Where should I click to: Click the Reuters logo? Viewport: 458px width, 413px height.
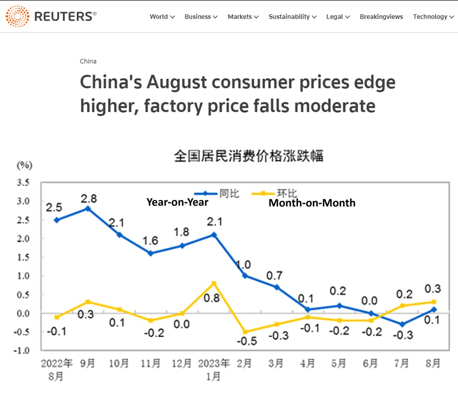point(51,16)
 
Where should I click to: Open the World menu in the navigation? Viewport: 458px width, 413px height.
point(162,17)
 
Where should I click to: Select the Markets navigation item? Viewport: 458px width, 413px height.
point(243,17)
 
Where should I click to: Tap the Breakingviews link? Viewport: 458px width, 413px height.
point(381,17)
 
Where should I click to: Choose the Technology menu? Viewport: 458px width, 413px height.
point(433,17)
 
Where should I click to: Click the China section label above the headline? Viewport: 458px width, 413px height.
point(88,61)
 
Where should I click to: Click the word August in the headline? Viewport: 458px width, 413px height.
point(176,82)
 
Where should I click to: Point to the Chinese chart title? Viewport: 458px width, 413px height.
point(248,156)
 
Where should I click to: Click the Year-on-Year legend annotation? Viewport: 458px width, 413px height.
point(177,202)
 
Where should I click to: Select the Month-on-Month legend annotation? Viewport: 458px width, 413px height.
point(312,203)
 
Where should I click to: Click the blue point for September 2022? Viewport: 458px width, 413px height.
point(88,209)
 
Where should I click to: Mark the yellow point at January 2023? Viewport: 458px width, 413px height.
point(214,283)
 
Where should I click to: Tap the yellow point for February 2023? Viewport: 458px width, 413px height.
point(245,332)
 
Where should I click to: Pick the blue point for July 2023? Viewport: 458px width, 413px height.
point(402,324)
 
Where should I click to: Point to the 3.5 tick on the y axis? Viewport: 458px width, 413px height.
point(23,182)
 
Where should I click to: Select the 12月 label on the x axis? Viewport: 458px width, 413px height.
point(181,363)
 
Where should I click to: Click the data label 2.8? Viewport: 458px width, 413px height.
point(89,198)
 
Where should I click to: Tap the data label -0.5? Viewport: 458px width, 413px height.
point(247,341)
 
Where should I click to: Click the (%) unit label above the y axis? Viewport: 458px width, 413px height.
point(24,165)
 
